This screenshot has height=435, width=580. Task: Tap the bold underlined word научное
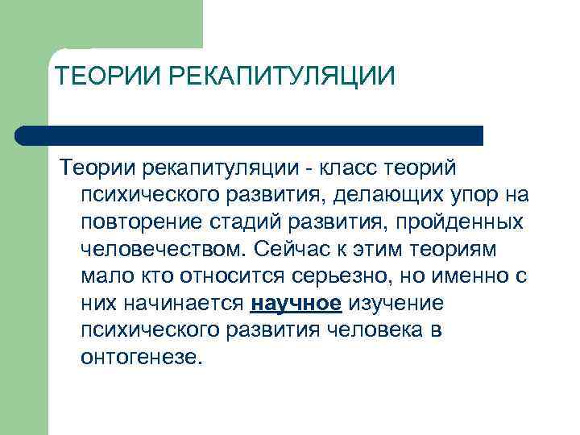tap(297, 303)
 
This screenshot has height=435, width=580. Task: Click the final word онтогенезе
tap(139, 358)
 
